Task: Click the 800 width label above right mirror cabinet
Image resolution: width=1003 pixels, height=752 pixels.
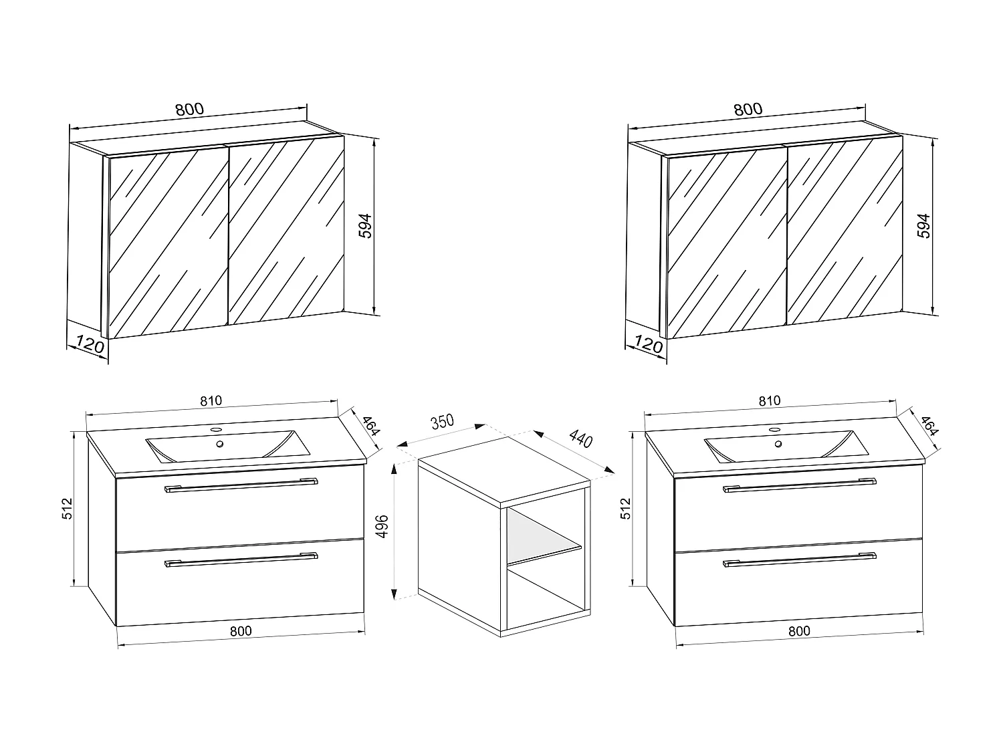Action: pyautogui.click(x=748, y=110)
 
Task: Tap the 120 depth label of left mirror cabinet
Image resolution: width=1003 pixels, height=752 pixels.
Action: pyautogui.click(x=89, y=345)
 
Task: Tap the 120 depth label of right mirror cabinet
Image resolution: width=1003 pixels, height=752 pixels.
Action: pyautogui.click(x=647, y=345)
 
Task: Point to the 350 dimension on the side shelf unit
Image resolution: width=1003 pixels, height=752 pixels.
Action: pyautogui.click(x=442, y=422)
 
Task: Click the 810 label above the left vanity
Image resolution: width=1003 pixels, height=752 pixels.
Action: pyautogui.click(x=210, y=401)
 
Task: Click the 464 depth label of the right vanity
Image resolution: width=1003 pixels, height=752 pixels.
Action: pyautogui.click(x=929, y=426)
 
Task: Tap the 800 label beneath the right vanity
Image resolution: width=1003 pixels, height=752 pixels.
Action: pyautogui.click(x=798, y=630)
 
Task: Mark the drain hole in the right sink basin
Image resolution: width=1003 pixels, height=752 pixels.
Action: pyautogui.click(x=778, y=444)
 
